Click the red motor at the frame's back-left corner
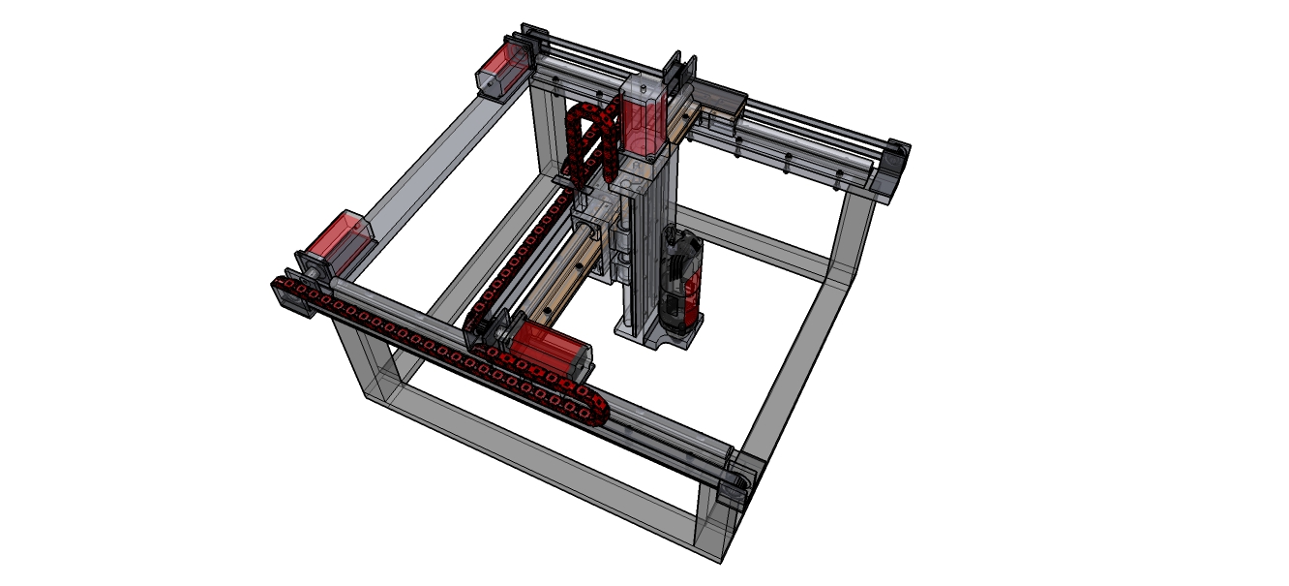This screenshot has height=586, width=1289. coord(506,67)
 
